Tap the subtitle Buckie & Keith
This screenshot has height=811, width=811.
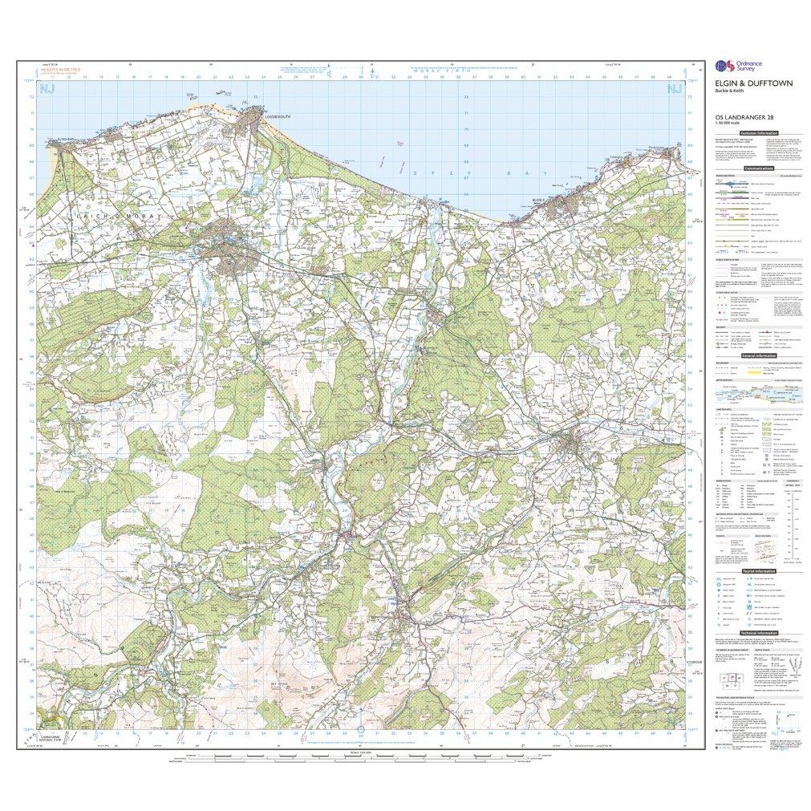click(724, 90)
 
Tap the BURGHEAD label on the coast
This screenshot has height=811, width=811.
click(61, 138)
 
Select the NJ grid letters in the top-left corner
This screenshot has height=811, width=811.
click(48, 88)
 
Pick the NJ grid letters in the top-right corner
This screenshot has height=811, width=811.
click(675, 88)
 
